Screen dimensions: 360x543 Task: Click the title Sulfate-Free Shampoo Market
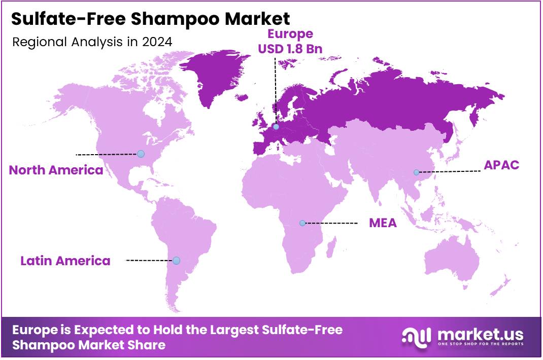tap(150, 19)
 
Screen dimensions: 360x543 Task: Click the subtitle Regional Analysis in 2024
tap(92, 42)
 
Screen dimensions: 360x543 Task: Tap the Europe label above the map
tap(290, 34)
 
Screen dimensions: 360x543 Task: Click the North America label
tap(56, 170)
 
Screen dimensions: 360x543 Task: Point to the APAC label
tap(501, 165)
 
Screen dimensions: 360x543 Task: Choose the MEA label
tap(383, 223)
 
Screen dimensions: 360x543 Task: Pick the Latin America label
tap(65, 261)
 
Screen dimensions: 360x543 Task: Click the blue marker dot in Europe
tap(276, 127)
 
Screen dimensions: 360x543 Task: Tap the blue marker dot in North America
tap(141, 154)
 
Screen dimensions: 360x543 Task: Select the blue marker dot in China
tap(416, 172)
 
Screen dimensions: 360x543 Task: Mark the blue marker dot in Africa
tap(302, 223)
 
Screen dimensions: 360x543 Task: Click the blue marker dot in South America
tap(176, 261)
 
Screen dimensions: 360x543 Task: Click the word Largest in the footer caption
tap(233, 330)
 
